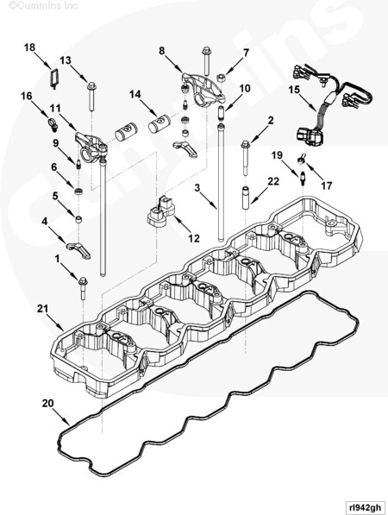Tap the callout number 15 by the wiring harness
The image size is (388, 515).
click(x=294, y=89)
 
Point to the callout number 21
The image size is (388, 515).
click(x=41, y=308)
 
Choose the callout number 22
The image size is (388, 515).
click(x=273, y=181)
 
